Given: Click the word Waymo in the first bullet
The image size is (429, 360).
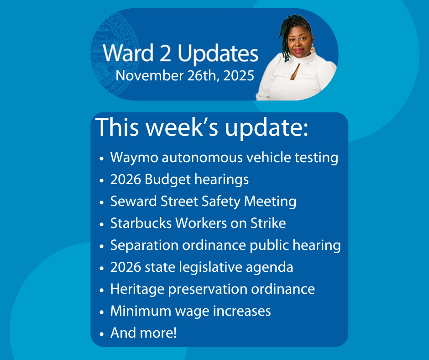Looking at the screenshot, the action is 134,158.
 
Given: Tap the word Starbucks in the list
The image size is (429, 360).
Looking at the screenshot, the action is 141,223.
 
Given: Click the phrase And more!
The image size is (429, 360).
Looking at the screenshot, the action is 143,333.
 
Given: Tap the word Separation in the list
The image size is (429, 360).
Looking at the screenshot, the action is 145,245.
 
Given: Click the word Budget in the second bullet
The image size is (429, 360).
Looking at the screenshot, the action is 167,180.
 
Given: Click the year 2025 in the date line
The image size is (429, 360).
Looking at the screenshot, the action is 239,76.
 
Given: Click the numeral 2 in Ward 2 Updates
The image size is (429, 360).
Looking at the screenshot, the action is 165,53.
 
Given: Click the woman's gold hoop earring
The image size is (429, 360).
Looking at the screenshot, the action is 313,50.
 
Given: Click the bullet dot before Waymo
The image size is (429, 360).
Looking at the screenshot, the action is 102,159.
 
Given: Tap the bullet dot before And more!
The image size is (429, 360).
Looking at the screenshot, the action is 102,334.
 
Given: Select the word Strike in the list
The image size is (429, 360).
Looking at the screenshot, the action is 268,223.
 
